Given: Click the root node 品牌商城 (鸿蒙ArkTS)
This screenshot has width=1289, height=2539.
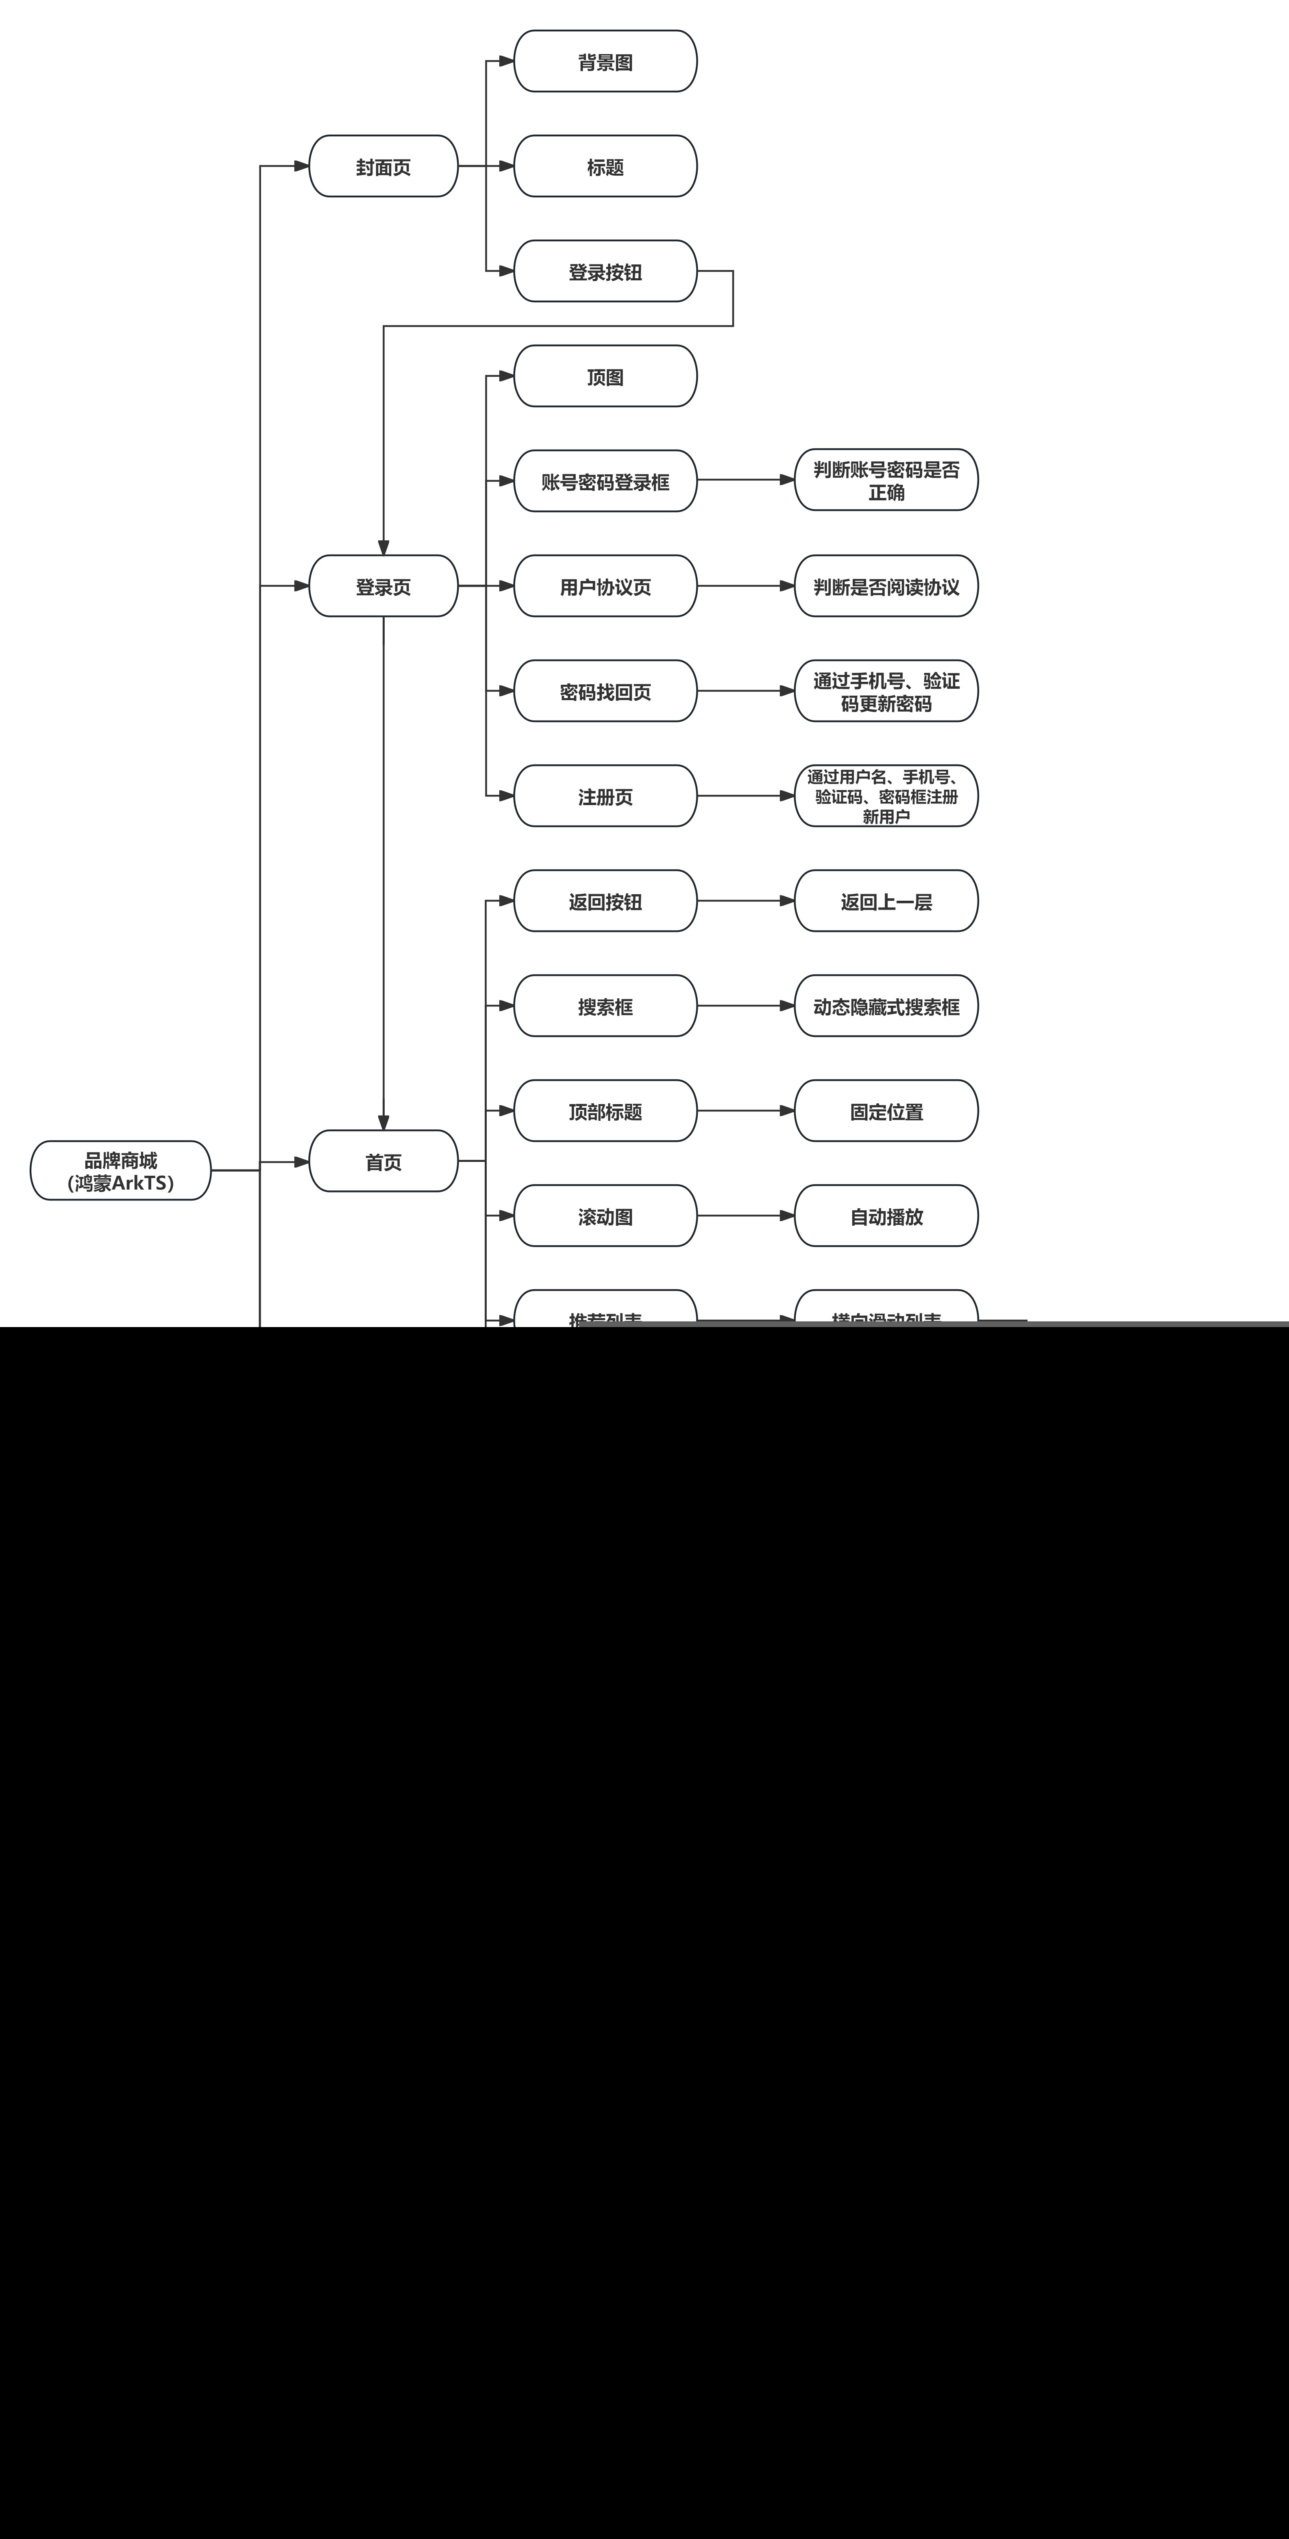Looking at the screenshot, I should coord(120,1171).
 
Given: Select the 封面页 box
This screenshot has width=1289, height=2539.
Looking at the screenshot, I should coord(383,166).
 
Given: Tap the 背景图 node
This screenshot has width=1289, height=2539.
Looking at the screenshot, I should coord(605,62).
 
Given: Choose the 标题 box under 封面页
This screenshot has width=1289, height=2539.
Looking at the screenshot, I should coord(605,166).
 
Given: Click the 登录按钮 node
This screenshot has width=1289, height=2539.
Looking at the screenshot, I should coord(605,272).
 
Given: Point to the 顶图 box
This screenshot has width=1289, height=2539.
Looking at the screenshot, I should coord(605,376).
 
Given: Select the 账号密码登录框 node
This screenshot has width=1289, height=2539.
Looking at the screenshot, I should coord(605,481).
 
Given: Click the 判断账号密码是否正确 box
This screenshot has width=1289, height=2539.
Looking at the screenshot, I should coord(886,481).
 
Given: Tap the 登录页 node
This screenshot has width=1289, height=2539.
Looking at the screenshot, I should coord(383,587).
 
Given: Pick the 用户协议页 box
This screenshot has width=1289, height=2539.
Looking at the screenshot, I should coord(605,587).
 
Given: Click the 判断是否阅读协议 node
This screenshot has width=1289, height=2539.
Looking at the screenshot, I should coord(886,587).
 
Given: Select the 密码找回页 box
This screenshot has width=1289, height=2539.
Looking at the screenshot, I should coord(605,691).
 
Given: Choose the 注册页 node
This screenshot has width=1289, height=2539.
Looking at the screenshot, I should coord(605,797).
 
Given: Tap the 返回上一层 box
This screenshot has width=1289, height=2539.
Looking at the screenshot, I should coord(886,901).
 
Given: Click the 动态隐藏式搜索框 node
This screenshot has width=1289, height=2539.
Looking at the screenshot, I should coord(886,1006).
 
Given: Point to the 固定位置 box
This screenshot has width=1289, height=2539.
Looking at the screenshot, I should coord(886,1111).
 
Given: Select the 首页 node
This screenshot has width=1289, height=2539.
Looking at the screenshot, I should coord(383,1162).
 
